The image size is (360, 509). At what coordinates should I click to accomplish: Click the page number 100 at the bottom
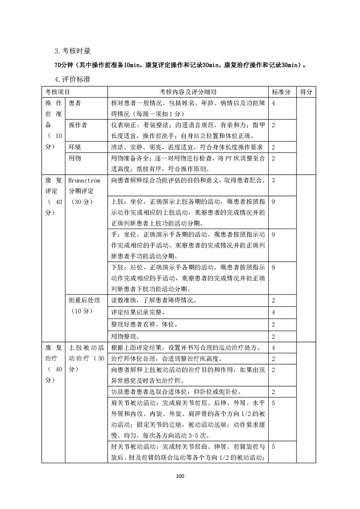point(180,476)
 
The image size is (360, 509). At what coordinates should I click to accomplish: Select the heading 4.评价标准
point(72,79)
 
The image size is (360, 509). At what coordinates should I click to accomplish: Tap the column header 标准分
point(281,92)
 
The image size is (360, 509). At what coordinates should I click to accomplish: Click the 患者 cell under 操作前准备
point(75,103)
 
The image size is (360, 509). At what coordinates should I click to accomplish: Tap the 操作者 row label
point(78,125)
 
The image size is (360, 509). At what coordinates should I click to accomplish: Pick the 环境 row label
point(75,147)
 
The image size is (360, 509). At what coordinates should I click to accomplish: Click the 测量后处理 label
point(85,300)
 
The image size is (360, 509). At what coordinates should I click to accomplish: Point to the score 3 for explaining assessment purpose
point(274,180)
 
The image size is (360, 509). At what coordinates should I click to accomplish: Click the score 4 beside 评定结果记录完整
point(274,313)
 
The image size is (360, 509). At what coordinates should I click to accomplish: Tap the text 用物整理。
point(125,336)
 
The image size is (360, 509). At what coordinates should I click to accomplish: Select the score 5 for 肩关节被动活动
point(274,402)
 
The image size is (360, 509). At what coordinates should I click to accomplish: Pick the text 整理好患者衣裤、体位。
point(144,324)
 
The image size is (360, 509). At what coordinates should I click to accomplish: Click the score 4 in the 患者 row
point(274,103)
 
